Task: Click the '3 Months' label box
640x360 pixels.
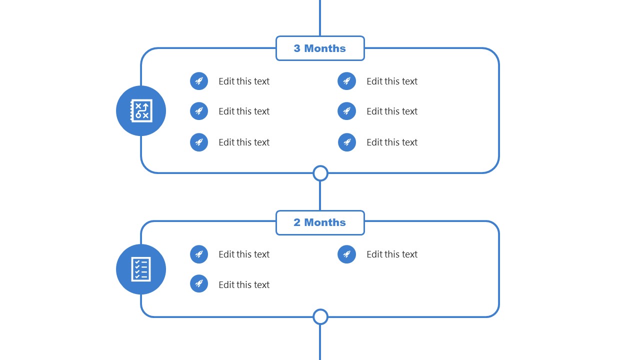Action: coord(320,48)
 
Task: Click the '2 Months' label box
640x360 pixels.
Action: coord(320,222)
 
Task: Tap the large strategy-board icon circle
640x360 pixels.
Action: coord(141,110)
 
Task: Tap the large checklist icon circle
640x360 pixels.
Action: coord(141,269)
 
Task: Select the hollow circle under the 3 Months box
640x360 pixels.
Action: coord(320,173)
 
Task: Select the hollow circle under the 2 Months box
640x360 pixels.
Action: coord(320,317)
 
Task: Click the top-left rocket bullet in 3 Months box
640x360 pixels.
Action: coord(199,81)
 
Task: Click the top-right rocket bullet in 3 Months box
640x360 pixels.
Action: coord(346,81)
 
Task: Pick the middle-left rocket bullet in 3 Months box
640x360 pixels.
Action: coord(199,111)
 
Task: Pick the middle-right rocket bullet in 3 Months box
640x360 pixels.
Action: coord(346,111)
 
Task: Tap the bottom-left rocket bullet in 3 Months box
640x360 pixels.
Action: coord(199,142)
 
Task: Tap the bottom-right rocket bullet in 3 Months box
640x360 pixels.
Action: coord(346,142)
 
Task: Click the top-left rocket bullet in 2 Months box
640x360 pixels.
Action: coord(199,254)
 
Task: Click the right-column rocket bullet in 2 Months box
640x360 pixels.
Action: coord(346,254)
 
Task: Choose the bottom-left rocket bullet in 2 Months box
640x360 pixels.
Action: coord(199,283)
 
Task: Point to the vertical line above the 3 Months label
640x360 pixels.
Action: coord(320,17)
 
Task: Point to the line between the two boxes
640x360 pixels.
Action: coord(320,196)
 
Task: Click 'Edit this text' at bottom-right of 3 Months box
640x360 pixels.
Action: coord(391,142)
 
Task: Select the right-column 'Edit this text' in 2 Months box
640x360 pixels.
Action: coord(391,254)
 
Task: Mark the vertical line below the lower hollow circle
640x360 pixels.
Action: coord(320,342)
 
